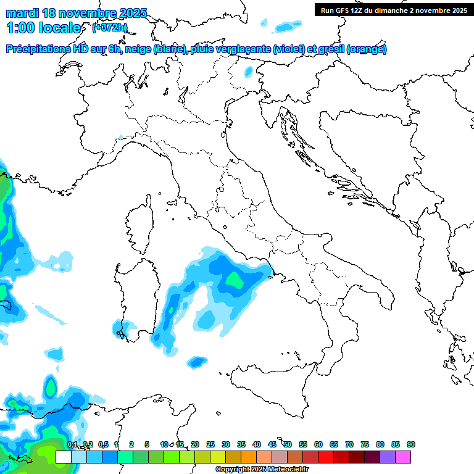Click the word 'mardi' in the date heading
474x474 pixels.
(23, 13)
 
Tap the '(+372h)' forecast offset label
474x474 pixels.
(109, 27)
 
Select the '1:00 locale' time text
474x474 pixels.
(43, 28)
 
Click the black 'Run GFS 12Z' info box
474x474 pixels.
(393, 10)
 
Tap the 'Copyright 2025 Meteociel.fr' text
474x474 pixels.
(262, 470)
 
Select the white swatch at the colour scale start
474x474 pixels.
(63, 457)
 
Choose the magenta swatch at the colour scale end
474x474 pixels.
(403, 457)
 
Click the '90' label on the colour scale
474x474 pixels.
(411, 444)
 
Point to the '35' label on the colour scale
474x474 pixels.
(241, 444)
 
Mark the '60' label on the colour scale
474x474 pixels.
(318, 444)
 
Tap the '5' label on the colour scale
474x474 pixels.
(147, 444)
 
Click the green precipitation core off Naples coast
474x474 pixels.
(234, 281)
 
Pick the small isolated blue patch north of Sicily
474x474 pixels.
(197, 361)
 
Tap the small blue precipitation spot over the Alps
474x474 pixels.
(248, 72)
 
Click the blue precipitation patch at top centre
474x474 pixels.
(285, 27)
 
